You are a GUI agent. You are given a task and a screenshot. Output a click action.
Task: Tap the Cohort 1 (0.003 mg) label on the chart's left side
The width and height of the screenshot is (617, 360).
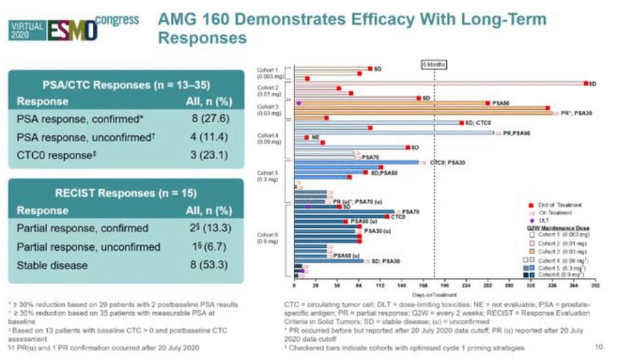[x=267, y=73]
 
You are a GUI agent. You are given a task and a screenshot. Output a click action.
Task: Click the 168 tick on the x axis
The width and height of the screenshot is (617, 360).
[x=424, y=287]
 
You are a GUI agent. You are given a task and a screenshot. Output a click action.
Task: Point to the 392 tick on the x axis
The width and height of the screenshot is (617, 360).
[x=594, y=287]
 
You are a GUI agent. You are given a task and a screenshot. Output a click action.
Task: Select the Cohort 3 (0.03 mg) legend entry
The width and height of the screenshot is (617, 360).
[x=553, y=251]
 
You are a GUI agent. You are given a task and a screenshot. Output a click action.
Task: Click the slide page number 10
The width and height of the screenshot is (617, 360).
[x=599, y=347]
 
